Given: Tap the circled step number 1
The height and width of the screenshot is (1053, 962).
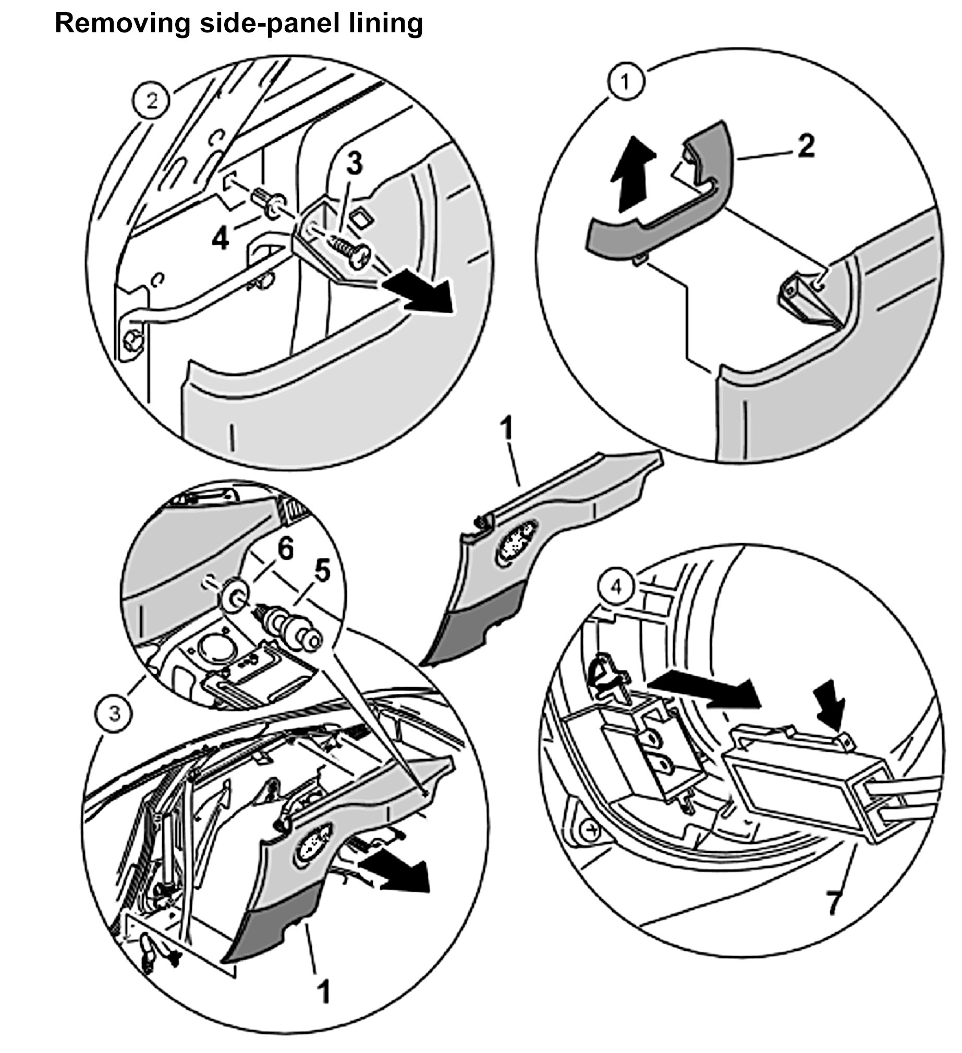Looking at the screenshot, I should (626, 82).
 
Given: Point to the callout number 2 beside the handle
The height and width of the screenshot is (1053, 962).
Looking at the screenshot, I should (806, 146).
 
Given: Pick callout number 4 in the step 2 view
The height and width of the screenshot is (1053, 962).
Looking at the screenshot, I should (220, 239).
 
